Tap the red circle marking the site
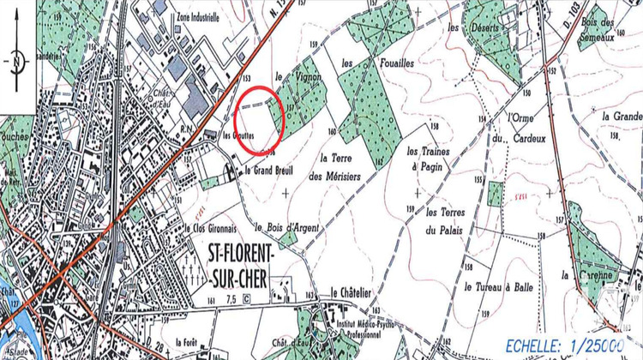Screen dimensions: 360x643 coord(258,120)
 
